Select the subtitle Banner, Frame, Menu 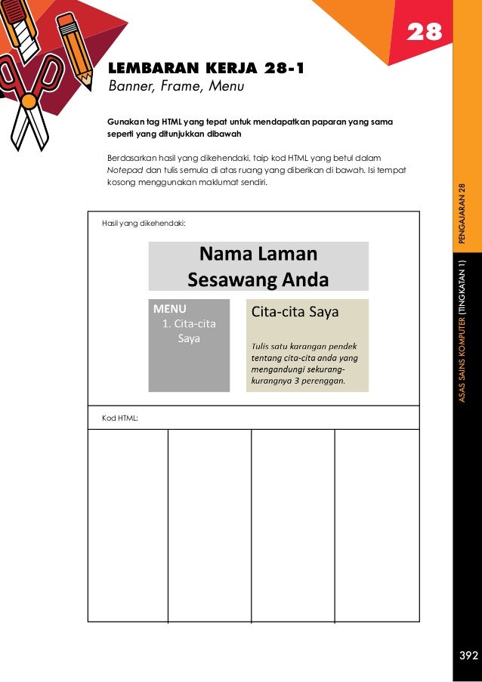tap(176, 88)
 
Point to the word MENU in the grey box tap(169, 309)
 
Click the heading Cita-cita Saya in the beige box tap(295, 311)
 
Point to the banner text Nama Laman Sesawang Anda tap(258, 267)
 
